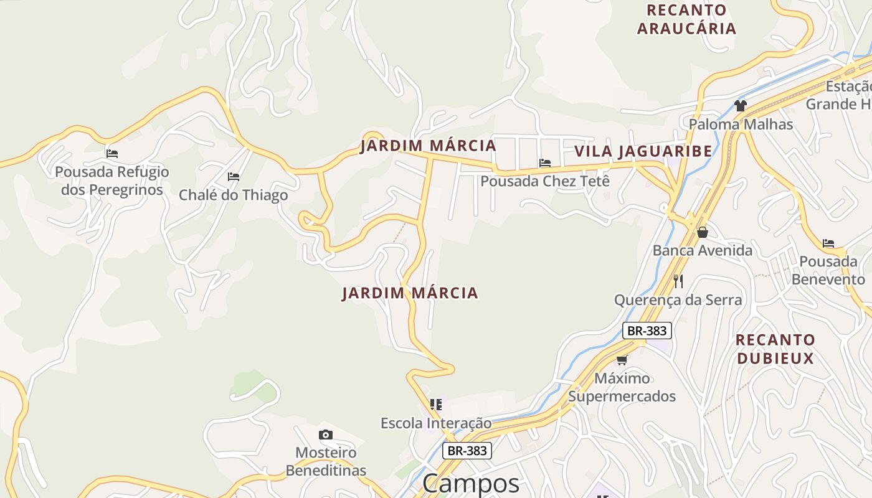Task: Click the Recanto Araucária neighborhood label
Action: (x=686, y=19)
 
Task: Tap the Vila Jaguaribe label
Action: (x=643, y=151)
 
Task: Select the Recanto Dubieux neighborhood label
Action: (x=775, y=349)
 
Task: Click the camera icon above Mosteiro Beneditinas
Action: (x=325, y=435)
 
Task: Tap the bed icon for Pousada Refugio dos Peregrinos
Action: (x=112, y=153)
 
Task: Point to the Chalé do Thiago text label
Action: (x=234, y=195)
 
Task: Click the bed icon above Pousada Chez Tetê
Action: (x=545, y=163)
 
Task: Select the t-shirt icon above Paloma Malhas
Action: (x=740, y=106)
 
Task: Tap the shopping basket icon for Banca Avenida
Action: (x=703, y=232)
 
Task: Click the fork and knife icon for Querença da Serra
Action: (x=678, y=281)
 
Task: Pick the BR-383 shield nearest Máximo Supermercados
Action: (x=647, y=331)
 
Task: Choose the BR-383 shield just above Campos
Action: (x=467, y=451)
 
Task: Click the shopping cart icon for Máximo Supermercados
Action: (x=622, y=360)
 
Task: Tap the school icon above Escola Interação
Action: (x=436, y=405)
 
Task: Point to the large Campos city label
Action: (x=471, y=484)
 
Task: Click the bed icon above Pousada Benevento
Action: (x=828, y=243)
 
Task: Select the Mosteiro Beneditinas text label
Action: (x=326, y=461)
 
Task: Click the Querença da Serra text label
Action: (x=678, y=300)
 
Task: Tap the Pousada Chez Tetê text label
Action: (x=545, y=181)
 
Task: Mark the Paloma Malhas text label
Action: (x=741, y=125)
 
